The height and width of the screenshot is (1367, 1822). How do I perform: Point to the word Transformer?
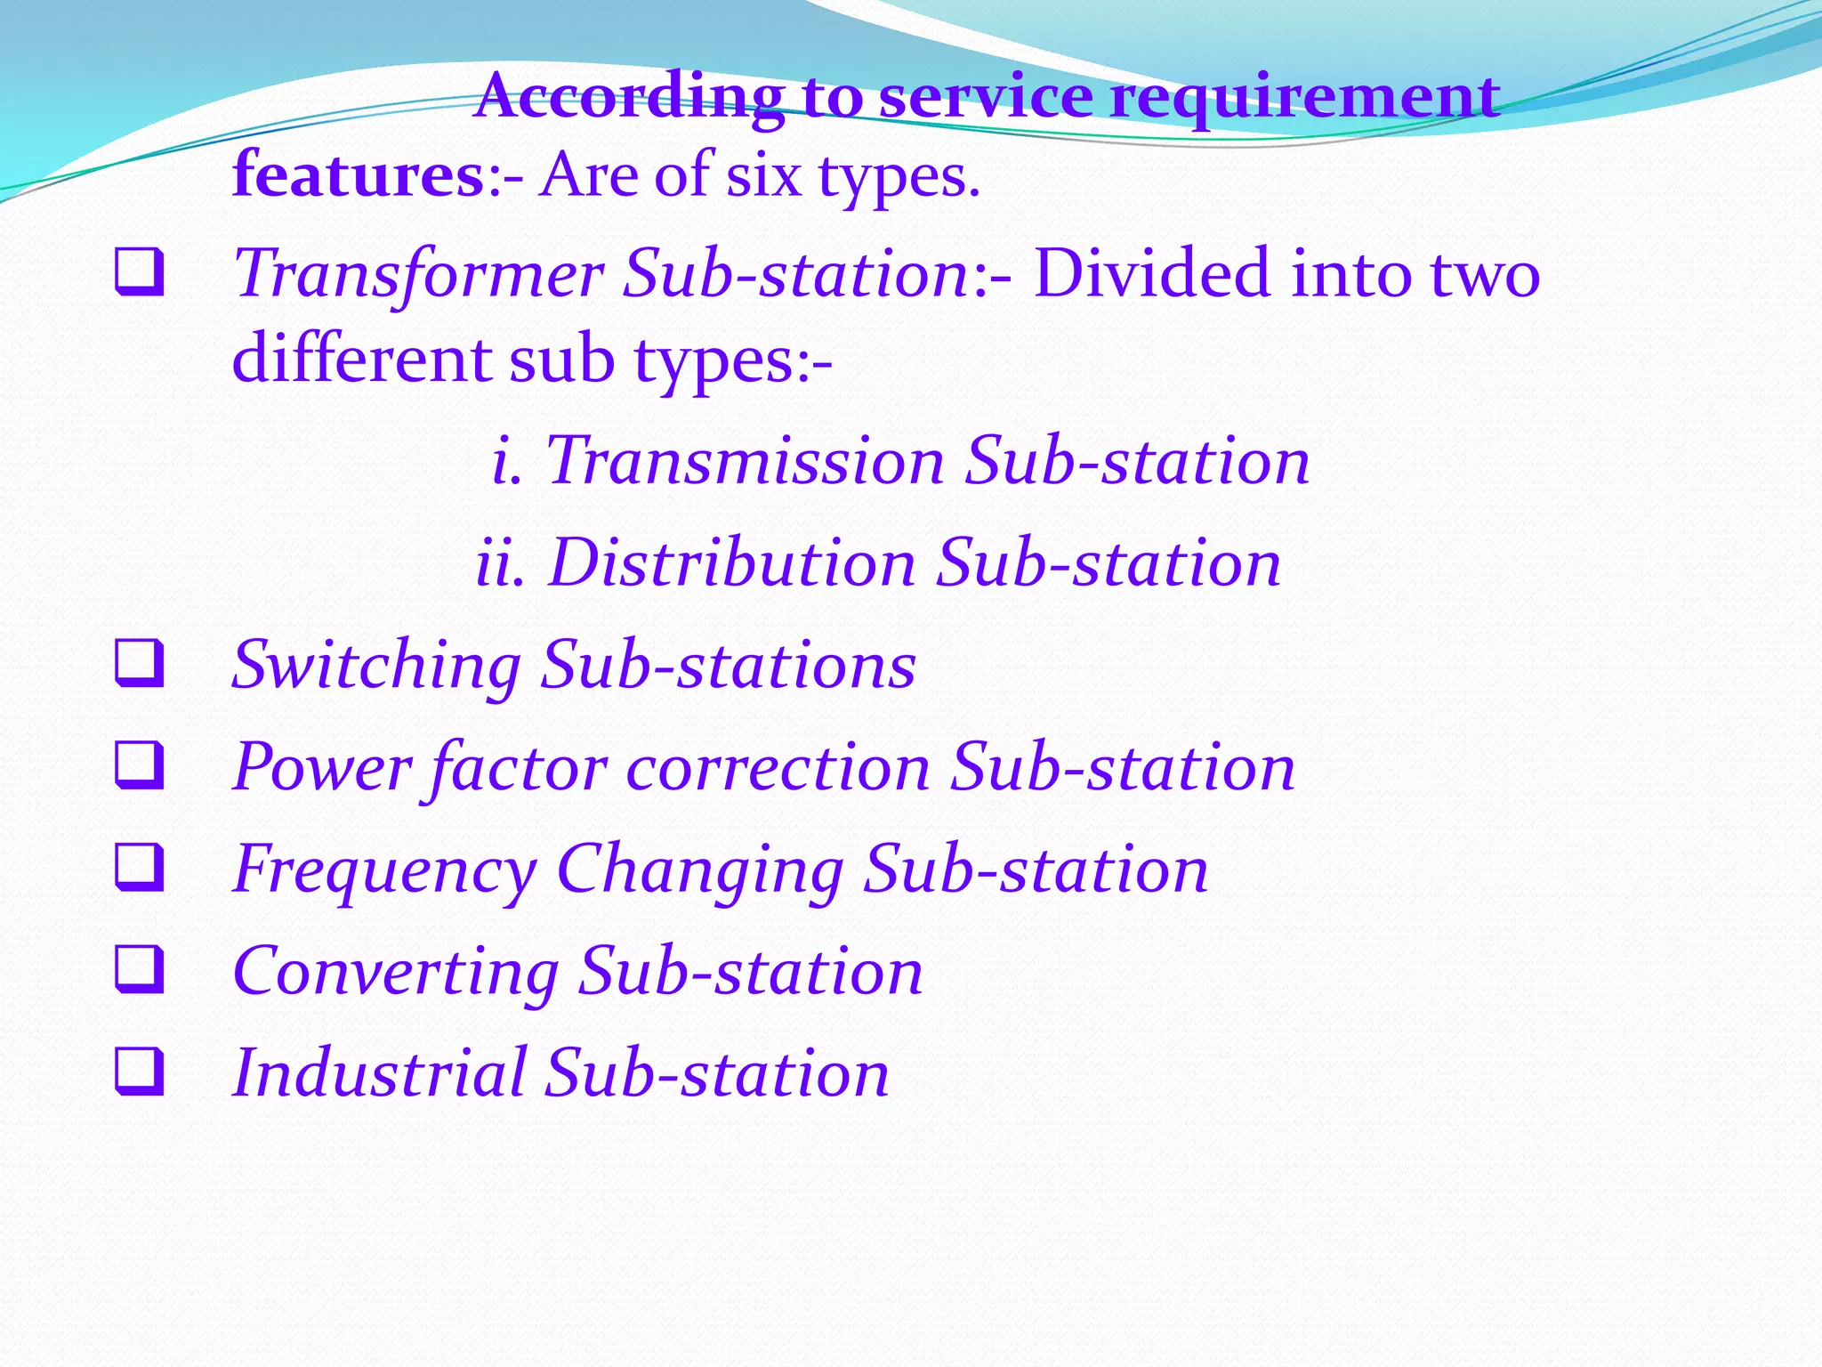pyautogui.click(x=418, y=274)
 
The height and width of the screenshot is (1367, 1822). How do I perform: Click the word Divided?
pyautogui.click(x=1151, y=274)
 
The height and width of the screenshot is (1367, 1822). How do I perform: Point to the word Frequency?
pyautogui.click(x=384, y=870)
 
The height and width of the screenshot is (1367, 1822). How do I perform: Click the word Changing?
pyautogui.click(x=699, y=870)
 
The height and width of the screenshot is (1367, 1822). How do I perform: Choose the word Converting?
pyautogui.click(x=396, y=972)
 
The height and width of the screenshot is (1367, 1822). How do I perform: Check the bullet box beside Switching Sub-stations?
pyautogui.click(x=140, y=665)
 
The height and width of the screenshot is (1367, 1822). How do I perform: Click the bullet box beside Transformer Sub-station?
pyautogui.click(x=140, y=273)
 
